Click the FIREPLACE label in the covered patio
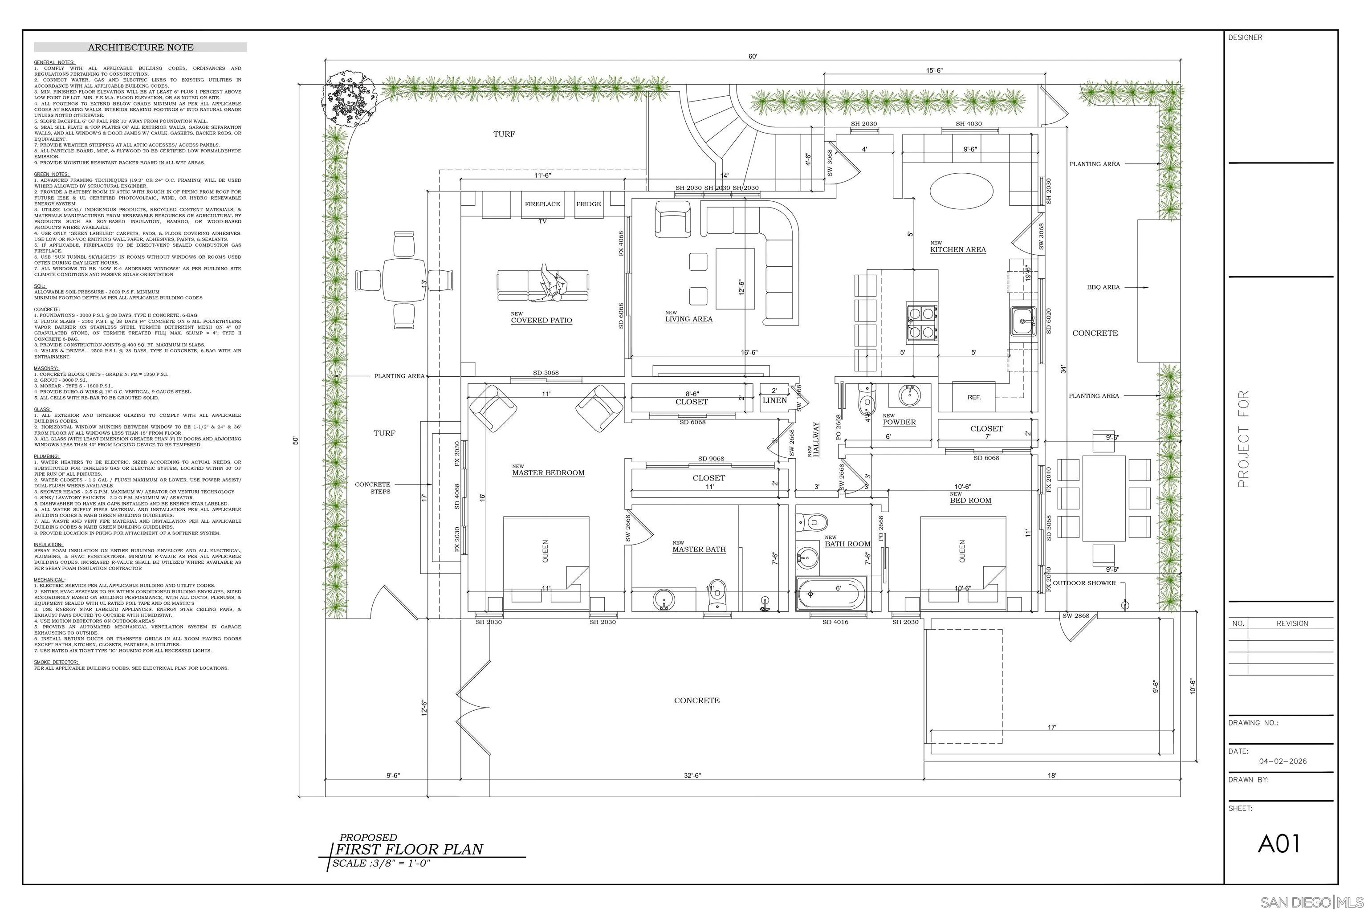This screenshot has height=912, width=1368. tap(542, 204)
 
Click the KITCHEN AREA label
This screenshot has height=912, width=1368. tap(957, 249)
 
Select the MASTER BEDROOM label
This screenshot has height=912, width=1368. tap(548, 473)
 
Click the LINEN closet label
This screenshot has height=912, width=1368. tap(775, 400)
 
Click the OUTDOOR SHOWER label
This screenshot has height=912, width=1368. tap(1084, 583)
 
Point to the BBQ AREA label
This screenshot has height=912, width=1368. tap(1103, 287)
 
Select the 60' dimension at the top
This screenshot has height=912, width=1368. tap(753, 57)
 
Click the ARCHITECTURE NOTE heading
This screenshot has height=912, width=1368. tap(140, 47)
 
